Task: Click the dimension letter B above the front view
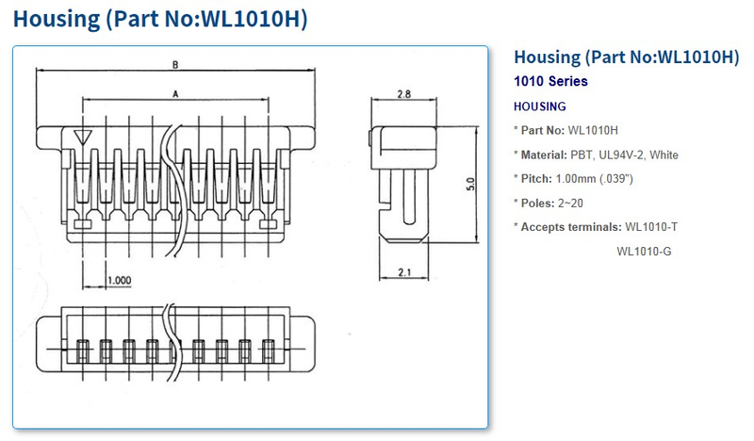click(175, 64)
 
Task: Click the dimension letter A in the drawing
click(175, 93)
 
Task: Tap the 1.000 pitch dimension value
click(119, 280)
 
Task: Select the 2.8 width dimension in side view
click(403, 94)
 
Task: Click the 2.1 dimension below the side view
click(403, 271)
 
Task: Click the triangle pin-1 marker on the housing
click(83, 138)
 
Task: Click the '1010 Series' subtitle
click(550, 81)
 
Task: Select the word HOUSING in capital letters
click(539, 106)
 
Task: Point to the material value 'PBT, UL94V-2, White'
click(624, 155)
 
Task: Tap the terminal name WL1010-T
click(651, 226)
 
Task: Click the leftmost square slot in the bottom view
click(82, 351)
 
